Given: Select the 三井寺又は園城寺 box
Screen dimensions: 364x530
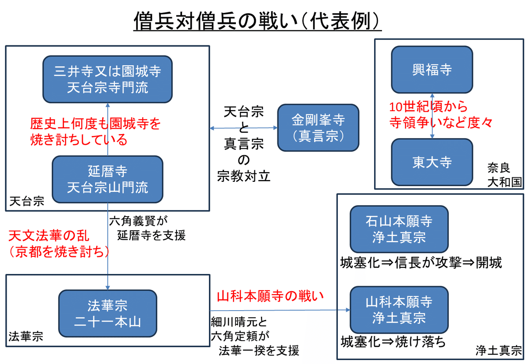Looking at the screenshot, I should (107, 79).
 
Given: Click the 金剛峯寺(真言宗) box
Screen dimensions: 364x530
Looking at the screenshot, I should (318, 128).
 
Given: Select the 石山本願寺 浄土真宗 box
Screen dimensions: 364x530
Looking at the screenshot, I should (399, 229).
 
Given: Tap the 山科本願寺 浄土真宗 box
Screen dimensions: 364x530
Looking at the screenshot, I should (399, 310).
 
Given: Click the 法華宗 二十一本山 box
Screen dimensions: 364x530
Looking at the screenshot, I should (107, 313).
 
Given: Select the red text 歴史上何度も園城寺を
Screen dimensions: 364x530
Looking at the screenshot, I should (95, 124).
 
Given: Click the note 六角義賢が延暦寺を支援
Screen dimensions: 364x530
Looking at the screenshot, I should (146, 228).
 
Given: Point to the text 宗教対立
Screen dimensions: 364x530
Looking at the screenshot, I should (243, 176).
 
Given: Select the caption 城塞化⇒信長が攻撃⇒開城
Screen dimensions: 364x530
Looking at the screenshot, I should (421, 263).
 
